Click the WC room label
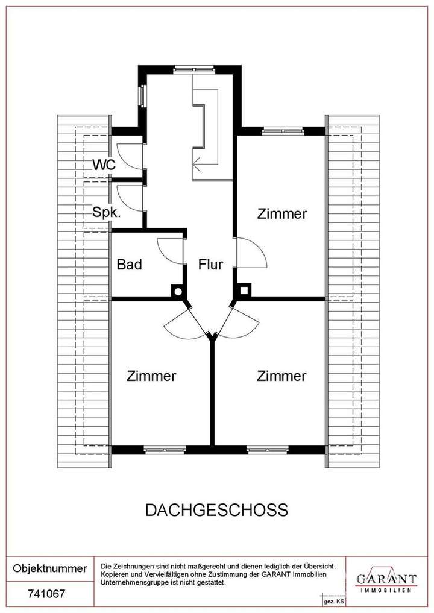pos(103,164)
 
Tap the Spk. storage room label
pos(105,212)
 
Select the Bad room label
pos(129,264)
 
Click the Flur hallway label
pos(211,264)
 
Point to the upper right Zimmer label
pos(282,213)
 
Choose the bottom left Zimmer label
pos(151,376)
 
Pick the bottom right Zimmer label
pos(281,376)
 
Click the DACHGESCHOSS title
pos(216,510)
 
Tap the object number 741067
pos(47,594)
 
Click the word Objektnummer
pos(49,568)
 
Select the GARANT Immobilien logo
pos(386,580)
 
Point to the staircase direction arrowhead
pos(196,161)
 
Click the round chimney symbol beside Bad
pos(178,291)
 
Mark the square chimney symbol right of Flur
pos(244,291)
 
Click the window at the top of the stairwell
pos(190,69)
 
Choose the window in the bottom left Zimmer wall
pos(164,450)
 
